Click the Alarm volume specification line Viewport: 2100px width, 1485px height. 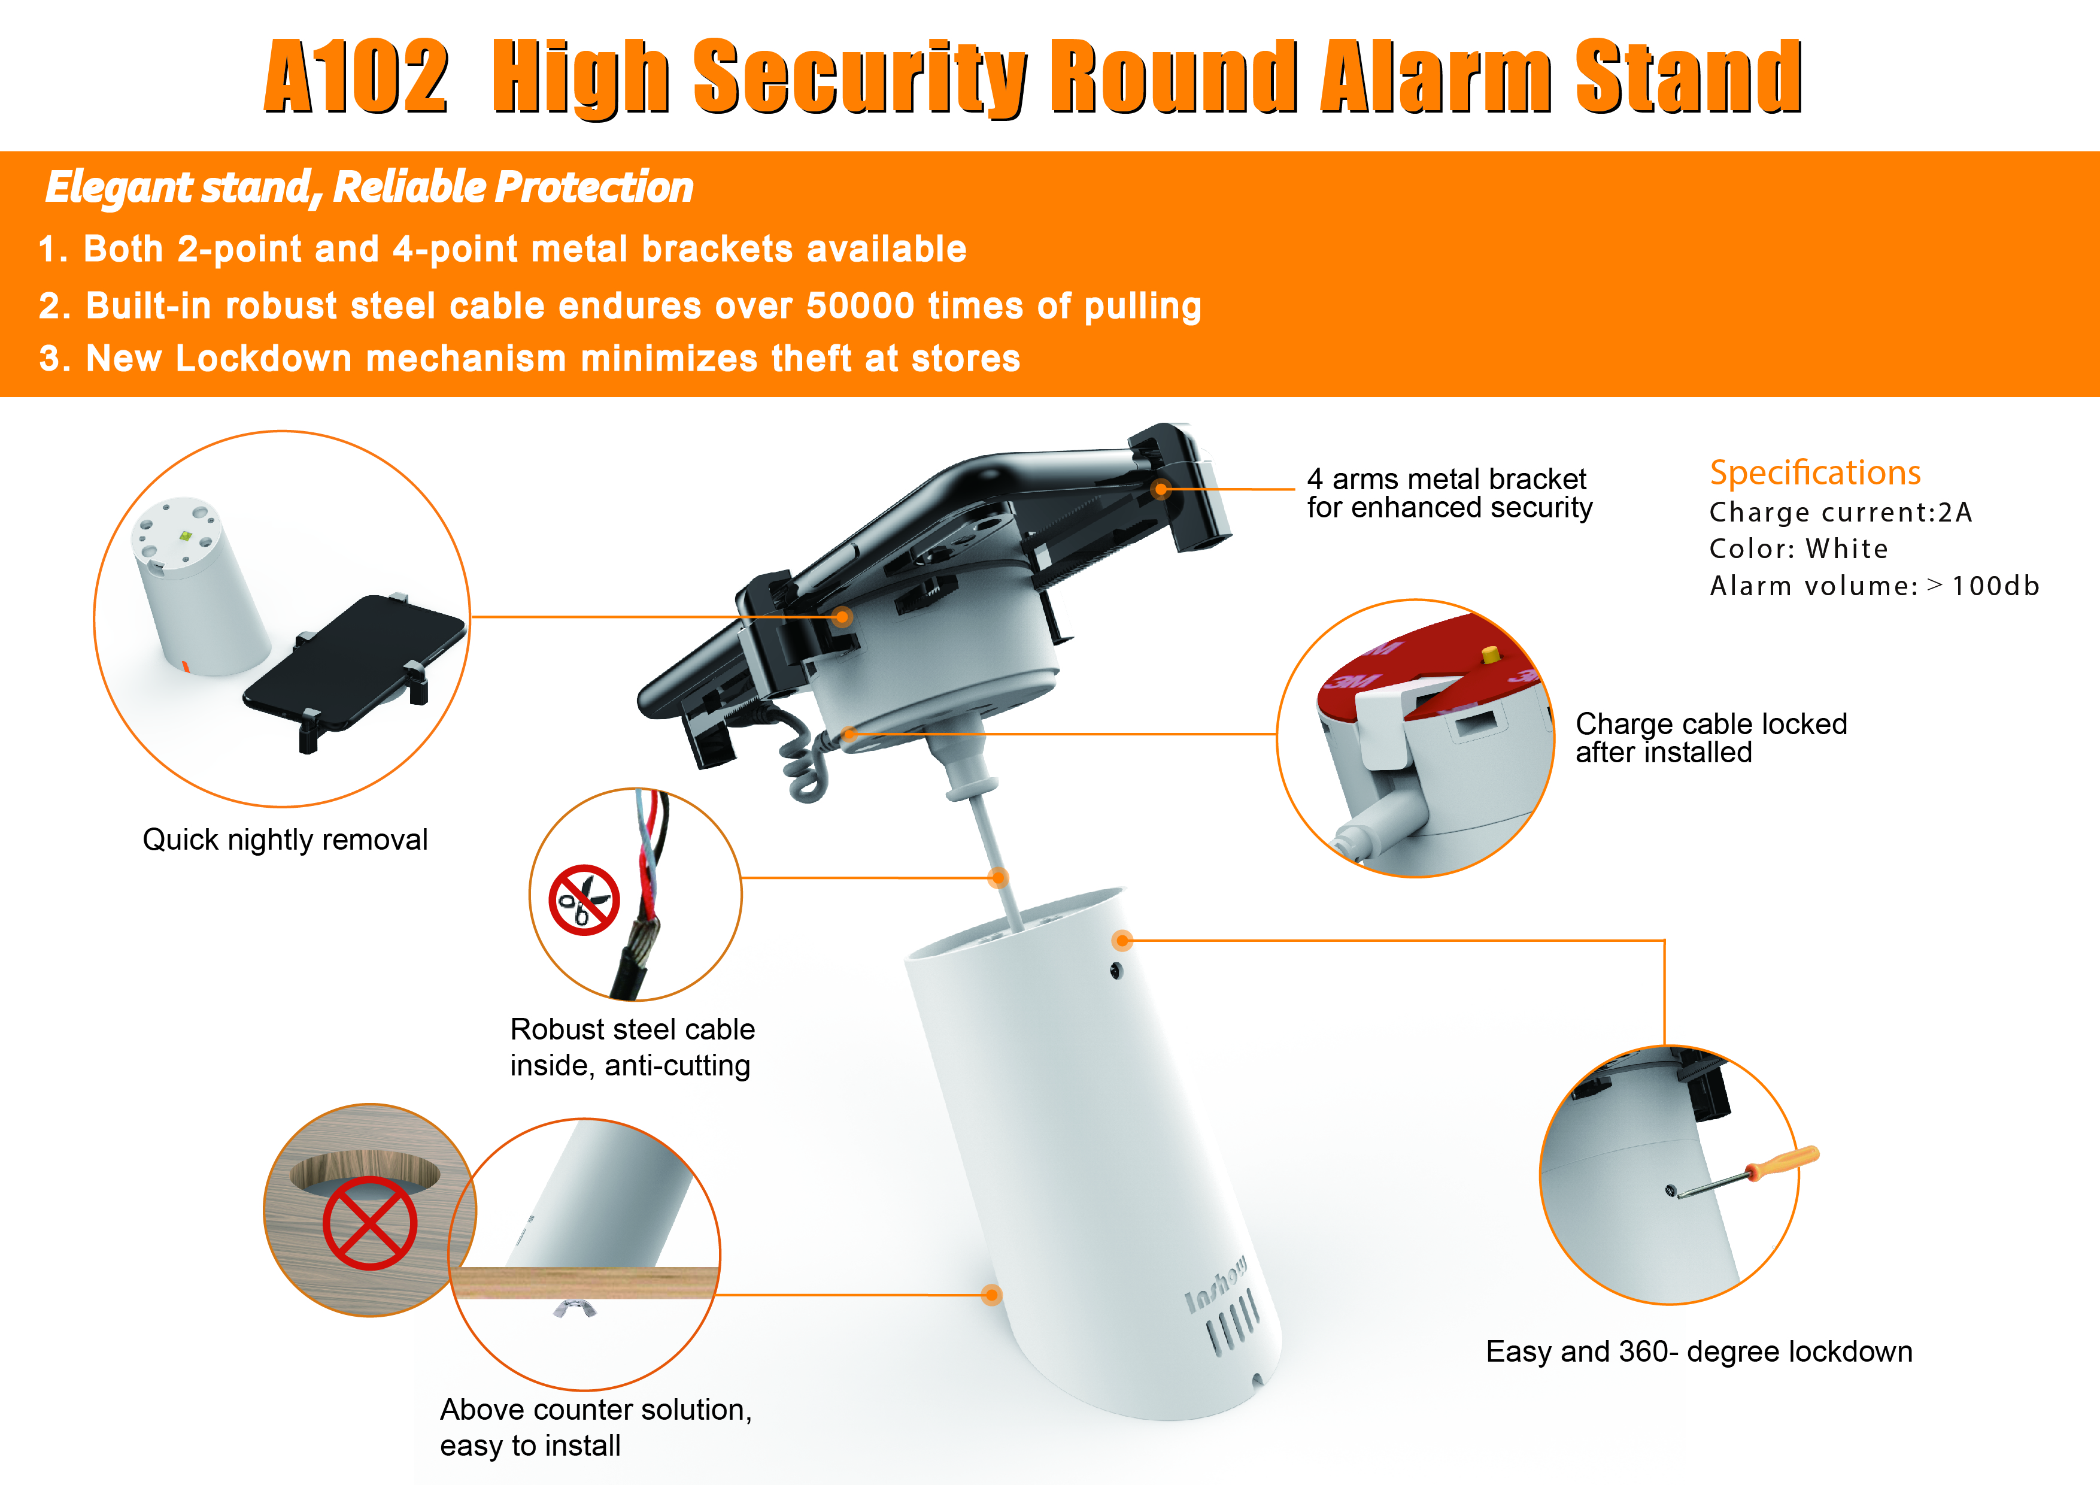coord(1874,586)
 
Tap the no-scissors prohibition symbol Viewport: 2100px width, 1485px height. coord(584,899)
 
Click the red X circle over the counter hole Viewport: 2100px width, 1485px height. coord(369,1223)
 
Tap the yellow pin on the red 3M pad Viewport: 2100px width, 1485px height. coord(1491,655)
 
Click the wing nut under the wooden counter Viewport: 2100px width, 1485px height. coord(575,1308)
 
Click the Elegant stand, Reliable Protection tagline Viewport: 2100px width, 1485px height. coord(369,187)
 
